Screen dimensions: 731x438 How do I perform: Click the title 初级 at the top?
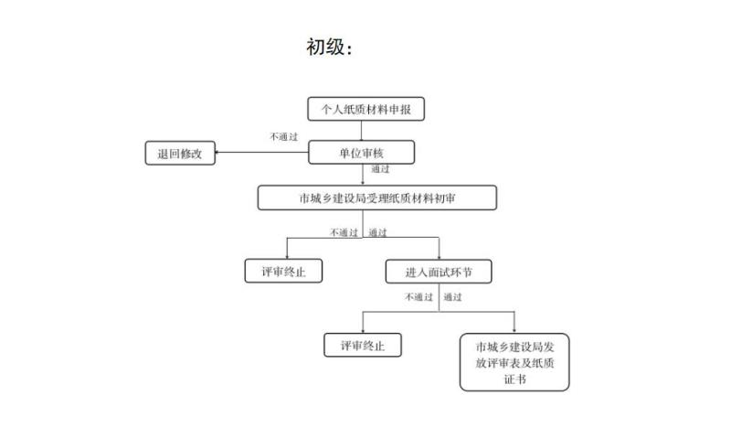coord(324,48)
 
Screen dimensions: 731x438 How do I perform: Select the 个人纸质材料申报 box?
coord(366,109)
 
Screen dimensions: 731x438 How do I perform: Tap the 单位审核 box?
coord(361,153)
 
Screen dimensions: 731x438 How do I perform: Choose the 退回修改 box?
coord(180,153)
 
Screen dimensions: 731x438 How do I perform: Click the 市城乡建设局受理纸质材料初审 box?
coord(377,198)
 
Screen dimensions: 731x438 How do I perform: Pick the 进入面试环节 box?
coord(439,272)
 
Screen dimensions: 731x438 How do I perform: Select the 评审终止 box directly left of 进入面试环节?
coord(283,271)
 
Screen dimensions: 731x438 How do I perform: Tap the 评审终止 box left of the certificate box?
coord(363,345)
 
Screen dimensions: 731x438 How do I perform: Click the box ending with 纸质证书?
coord(514,362)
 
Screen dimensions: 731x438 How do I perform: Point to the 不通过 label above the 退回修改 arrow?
coord(283,136)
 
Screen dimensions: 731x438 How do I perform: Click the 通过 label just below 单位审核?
coord(380,169)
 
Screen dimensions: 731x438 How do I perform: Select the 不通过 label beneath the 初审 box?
coord(344,232)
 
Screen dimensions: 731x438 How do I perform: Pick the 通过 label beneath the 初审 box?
coord(377,232)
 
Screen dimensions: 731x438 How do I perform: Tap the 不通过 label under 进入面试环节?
coord(418,296)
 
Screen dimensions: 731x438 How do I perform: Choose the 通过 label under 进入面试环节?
coord(452,296)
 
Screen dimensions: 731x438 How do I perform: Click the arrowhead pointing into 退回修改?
coord(217,152)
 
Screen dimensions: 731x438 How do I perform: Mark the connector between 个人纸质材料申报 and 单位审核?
coord(361,131)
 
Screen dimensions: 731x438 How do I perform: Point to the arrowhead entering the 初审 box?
coord(363,183)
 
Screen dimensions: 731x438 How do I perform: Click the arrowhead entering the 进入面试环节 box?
coord(439,257)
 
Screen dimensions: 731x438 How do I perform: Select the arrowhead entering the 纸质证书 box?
coord(514,331)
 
